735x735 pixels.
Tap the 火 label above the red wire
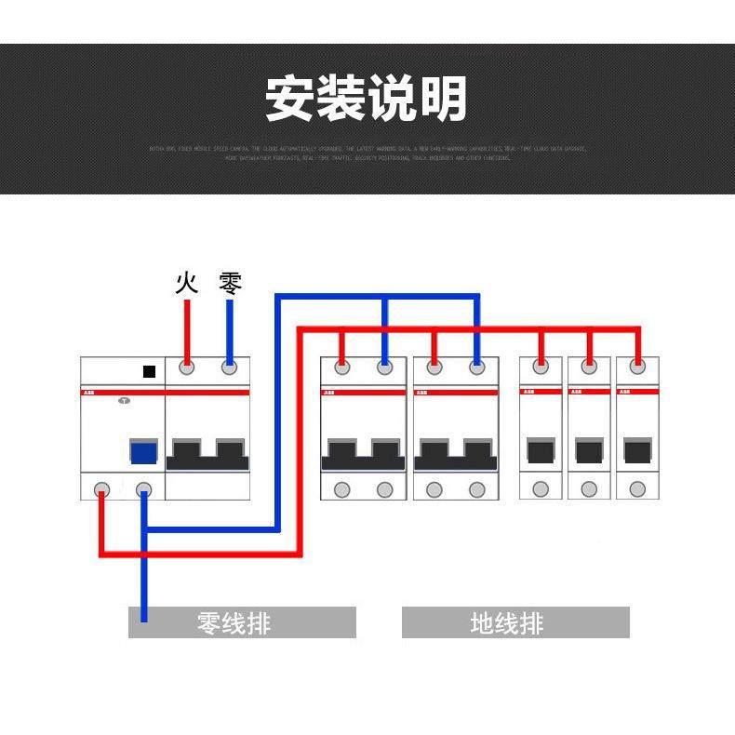pos(187,283)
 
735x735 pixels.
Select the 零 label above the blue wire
pos(230,283)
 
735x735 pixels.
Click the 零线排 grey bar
pos(242,622)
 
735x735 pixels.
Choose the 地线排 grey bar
pos(515,622)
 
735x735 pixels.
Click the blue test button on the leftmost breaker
pos(142,452)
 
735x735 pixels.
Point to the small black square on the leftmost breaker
pos(149,371)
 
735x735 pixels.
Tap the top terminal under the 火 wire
pos(187,368)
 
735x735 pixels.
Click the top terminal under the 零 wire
pos(230,368)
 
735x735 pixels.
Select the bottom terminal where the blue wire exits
pos(143,489)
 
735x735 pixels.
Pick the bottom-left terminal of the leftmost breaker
pos(100,489)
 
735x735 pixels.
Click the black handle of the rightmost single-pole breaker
pos(637,451)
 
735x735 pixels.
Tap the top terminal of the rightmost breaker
pos(637,367)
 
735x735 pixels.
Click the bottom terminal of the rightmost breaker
pos(637,489)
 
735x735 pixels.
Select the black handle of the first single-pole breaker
pos(541,451)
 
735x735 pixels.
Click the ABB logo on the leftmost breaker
pos(89,394)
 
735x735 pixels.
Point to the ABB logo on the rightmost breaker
pos(626,393)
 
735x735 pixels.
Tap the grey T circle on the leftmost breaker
pos(123,402)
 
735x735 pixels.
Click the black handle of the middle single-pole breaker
pos(589,451)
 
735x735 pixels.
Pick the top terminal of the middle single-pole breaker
pos(589,367)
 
